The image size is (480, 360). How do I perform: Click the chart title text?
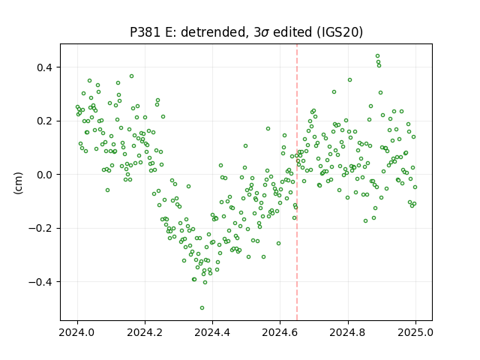tap(247, 32)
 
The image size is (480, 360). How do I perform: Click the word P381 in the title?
tap(145, 32)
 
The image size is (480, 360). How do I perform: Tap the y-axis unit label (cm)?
tap(18, 183)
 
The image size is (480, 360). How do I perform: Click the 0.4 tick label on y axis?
tap(46, 67)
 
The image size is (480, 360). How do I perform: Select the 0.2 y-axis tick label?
tap(46, 121)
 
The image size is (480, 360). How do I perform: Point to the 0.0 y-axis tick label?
tap(46, 175)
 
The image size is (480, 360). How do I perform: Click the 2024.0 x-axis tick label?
tap(77, 332)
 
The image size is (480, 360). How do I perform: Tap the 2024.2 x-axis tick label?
tap(145, 332)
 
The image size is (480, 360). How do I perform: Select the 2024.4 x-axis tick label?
tap(212, 332)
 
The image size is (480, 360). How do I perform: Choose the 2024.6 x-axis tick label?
tap(280, 332)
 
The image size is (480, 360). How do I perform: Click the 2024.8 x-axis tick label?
tap(348, 332)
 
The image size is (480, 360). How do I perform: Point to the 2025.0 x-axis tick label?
tap(415, 332)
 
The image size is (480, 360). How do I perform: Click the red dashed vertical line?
tap(297, 182)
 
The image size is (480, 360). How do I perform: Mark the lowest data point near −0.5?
tap(202, 308)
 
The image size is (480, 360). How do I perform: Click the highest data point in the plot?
tap(377, 56)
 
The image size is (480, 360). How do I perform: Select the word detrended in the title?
tap(214, 32)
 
